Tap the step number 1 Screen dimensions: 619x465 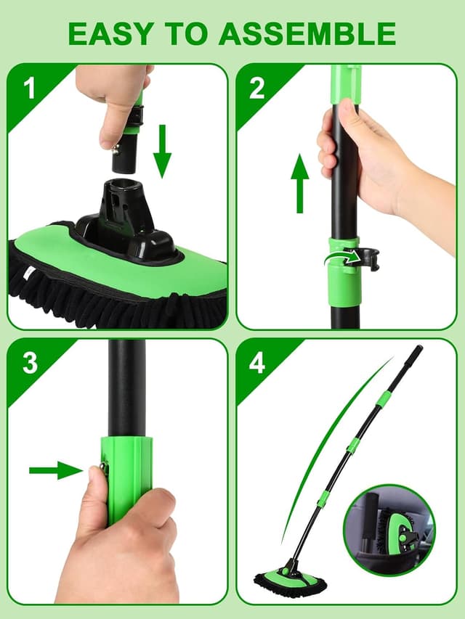(29, 89)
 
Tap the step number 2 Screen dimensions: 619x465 (256, 89)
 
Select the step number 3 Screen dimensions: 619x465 (29, 362)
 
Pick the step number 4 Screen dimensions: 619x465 (256, 362)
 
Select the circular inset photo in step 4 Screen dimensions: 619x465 (388, 527)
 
